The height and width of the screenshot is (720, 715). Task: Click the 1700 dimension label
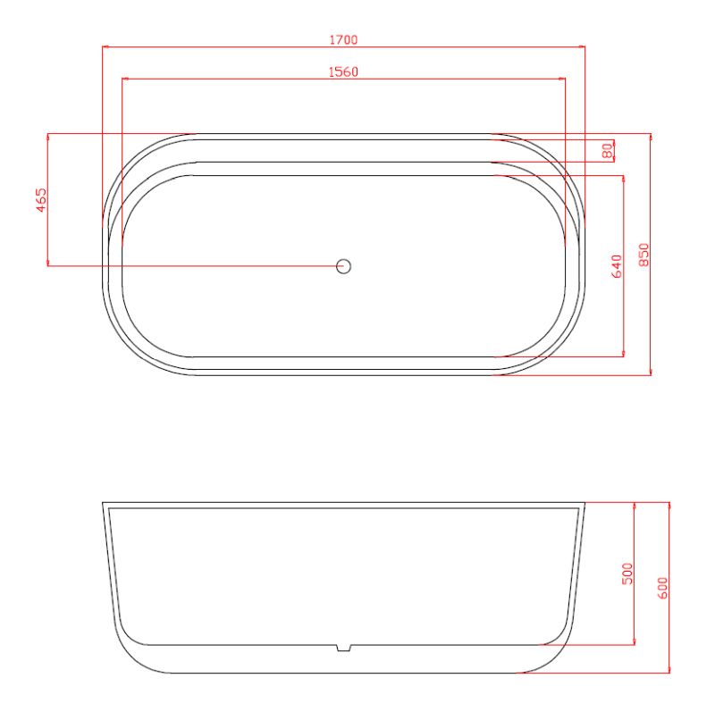pos(343,39)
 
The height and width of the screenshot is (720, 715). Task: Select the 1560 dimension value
pos(343,71)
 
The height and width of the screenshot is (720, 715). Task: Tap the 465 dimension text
pos(41,200)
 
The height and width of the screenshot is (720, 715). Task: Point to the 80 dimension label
pos(608,151)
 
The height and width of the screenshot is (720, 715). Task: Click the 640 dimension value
pos(617,266)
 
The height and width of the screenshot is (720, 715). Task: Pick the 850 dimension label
pos(643,255)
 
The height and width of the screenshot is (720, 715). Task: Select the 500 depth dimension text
pos(627,573)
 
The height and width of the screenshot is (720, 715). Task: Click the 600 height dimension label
pos(662,588)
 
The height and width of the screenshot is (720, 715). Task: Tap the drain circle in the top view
pos(343,266)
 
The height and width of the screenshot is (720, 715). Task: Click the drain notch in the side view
pos(343,648)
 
